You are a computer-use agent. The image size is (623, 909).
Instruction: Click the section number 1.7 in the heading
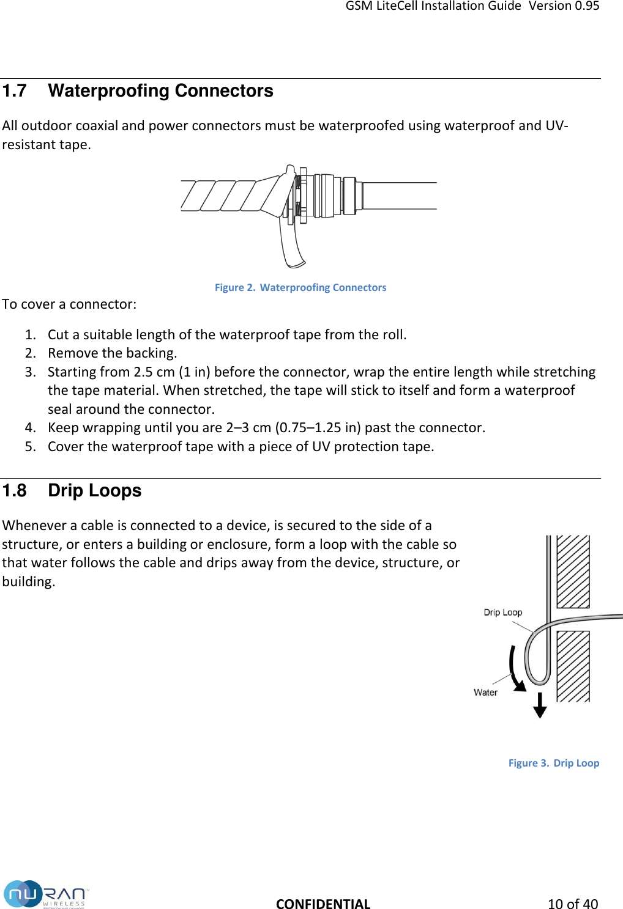[x=15, y=91]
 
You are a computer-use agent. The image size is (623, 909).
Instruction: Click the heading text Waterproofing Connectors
[x=160, y=91]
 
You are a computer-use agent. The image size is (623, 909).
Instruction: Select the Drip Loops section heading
[x=94, y=491]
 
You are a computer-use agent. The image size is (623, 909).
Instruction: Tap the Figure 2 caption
[x=300, y=287]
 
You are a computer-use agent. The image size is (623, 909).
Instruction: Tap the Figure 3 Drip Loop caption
[x=553, y=763]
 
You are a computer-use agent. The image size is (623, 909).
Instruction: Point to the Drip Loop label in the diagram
[x=502, y=613]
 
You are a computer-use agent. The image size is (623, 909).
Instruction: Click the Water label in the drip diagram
[x=485, y=693]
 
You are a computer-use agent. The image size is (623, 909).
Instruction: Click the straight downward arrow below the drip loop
[x=539, y=705]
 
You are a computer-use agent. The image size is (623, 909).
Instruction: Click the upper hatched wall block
[x=573, y=571]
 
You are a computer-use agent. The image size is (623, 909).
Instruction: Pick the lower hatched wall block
[x=573, y=666]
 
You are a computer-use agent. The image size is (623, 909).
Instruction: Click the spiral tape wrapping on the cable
[x=226, y=196]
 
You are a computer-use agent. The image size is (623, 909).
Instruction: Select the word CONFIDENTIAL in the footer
[x=323, y=903]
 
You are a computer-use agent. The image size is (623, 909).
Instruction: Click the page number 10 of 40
[x=572, y=903]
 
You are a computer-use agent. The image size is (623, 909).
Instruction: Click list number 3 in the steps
[x=30, y=372]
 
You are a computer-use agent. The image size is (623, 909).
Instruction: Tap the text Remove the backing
[x=113, y=353]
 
